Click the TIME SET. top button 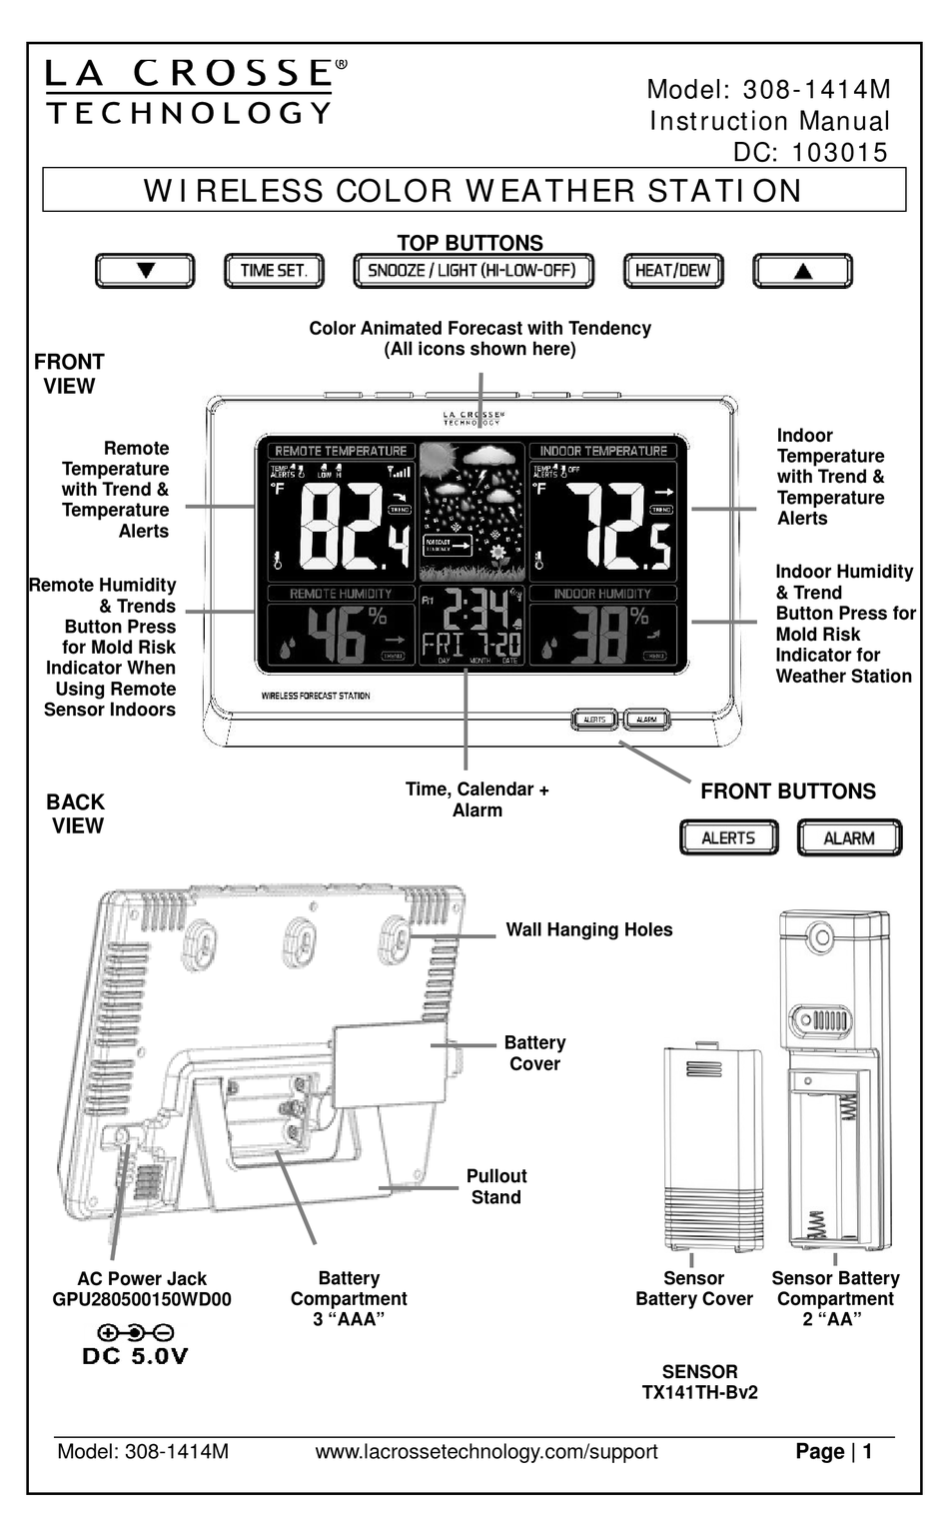274,271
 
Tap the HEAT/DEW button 672,271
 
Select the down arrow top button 145,271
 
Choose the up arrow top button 802,271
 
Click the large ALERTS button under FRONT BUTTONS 728,838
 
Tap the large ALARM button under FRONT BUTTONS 849,838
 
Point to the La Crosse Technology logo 190,91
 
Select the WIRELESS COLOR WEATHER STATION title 473,191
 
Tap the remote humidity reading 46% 345,636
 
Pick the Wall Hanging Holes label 588,930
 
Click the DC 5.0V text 135,1356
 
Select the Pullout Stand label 495,1187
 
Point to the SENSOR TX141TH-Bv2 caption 699,1382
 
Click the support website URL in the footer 486,1452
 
